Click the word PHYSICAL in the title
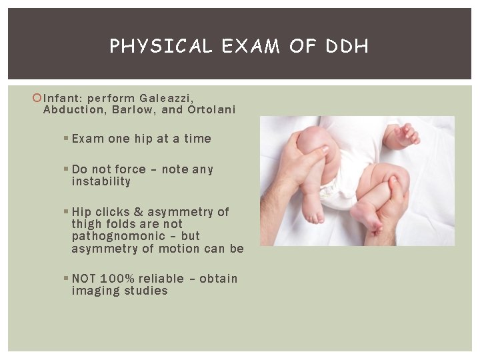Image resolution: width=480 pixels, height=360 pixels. pos(160,46)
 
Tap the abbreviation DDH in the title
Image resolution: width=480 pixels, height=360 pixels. pos(348,46)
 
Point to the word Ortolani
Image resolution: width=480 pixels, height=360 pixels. pos(212,110)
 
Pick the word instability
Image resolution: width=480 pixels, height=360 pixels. pos(101,181)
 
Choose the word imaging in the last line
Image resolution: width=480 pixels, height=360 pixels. pos(95,291)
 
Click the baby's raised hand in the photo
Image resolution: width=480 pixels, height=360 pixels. pos(405,135)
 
